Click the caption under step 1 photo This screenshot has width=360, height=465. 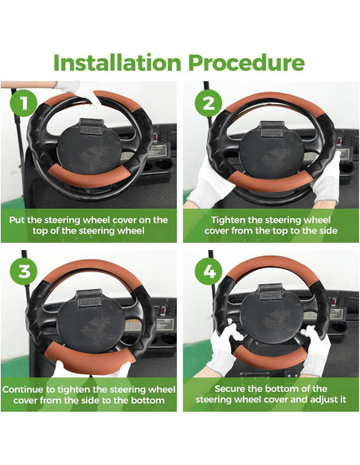[x=88, y=225]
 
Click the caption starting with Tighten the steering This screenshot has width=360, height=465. [x=270, y=225]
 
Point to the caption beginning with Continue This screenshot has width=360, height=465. [x=88, y=395]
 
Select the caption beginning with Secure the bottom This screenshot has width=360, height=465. [x=270, y=395]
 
